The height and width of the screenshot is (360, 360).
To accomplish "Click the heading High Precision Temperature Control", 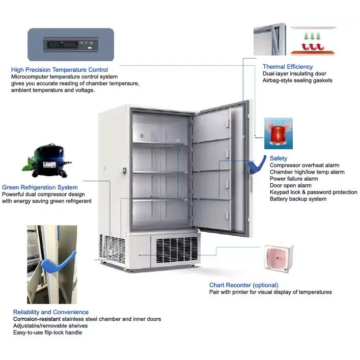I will click(x=59, y=70).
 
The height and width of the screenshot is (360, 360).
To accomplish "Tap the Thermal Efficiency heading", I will click(x=288, y=67).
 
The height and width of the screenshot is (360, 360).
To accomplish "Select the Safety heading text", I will click(x=279, y=158).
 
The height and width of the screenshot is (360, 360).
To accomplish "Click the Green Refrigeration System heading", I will click(x=40, y=187).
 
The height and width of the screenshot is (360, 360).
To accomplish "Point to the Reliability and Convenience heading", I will click(x=51, y=312).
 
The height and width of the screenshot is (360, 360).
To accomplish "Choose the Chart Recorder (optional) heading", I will click(x=244, y=285).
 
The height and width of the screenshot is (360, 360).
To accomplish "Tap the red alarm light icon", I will click(x=278, y=133).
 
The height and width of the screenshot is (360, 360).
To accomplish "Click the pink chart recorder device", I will click(x=278, y=258).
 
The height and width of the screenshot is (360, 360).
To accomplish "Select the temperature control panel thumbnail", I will click(x=70, y=45).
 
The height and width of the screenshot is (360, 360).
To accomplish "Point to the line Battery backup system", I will click(x=298, y=199).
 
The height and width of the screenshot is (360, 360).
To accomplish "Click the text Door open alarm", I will click(x=290, y=185).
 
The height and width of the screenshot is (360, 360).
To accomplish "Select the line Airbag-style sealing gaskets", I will click(x=297, y=80).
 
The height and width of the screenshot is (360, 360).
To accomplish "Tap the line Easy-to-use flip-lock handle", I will click(x=47, y=333).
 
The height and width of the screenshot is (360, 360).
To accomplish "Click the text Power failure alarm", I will click(x=294, y=179).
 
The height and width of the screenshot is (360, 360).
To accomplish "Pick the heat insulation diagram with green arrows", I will click(x=314, y=41).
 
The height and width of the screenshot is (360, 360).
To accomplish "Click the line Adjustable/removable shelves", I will click(x=50, y=326).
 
